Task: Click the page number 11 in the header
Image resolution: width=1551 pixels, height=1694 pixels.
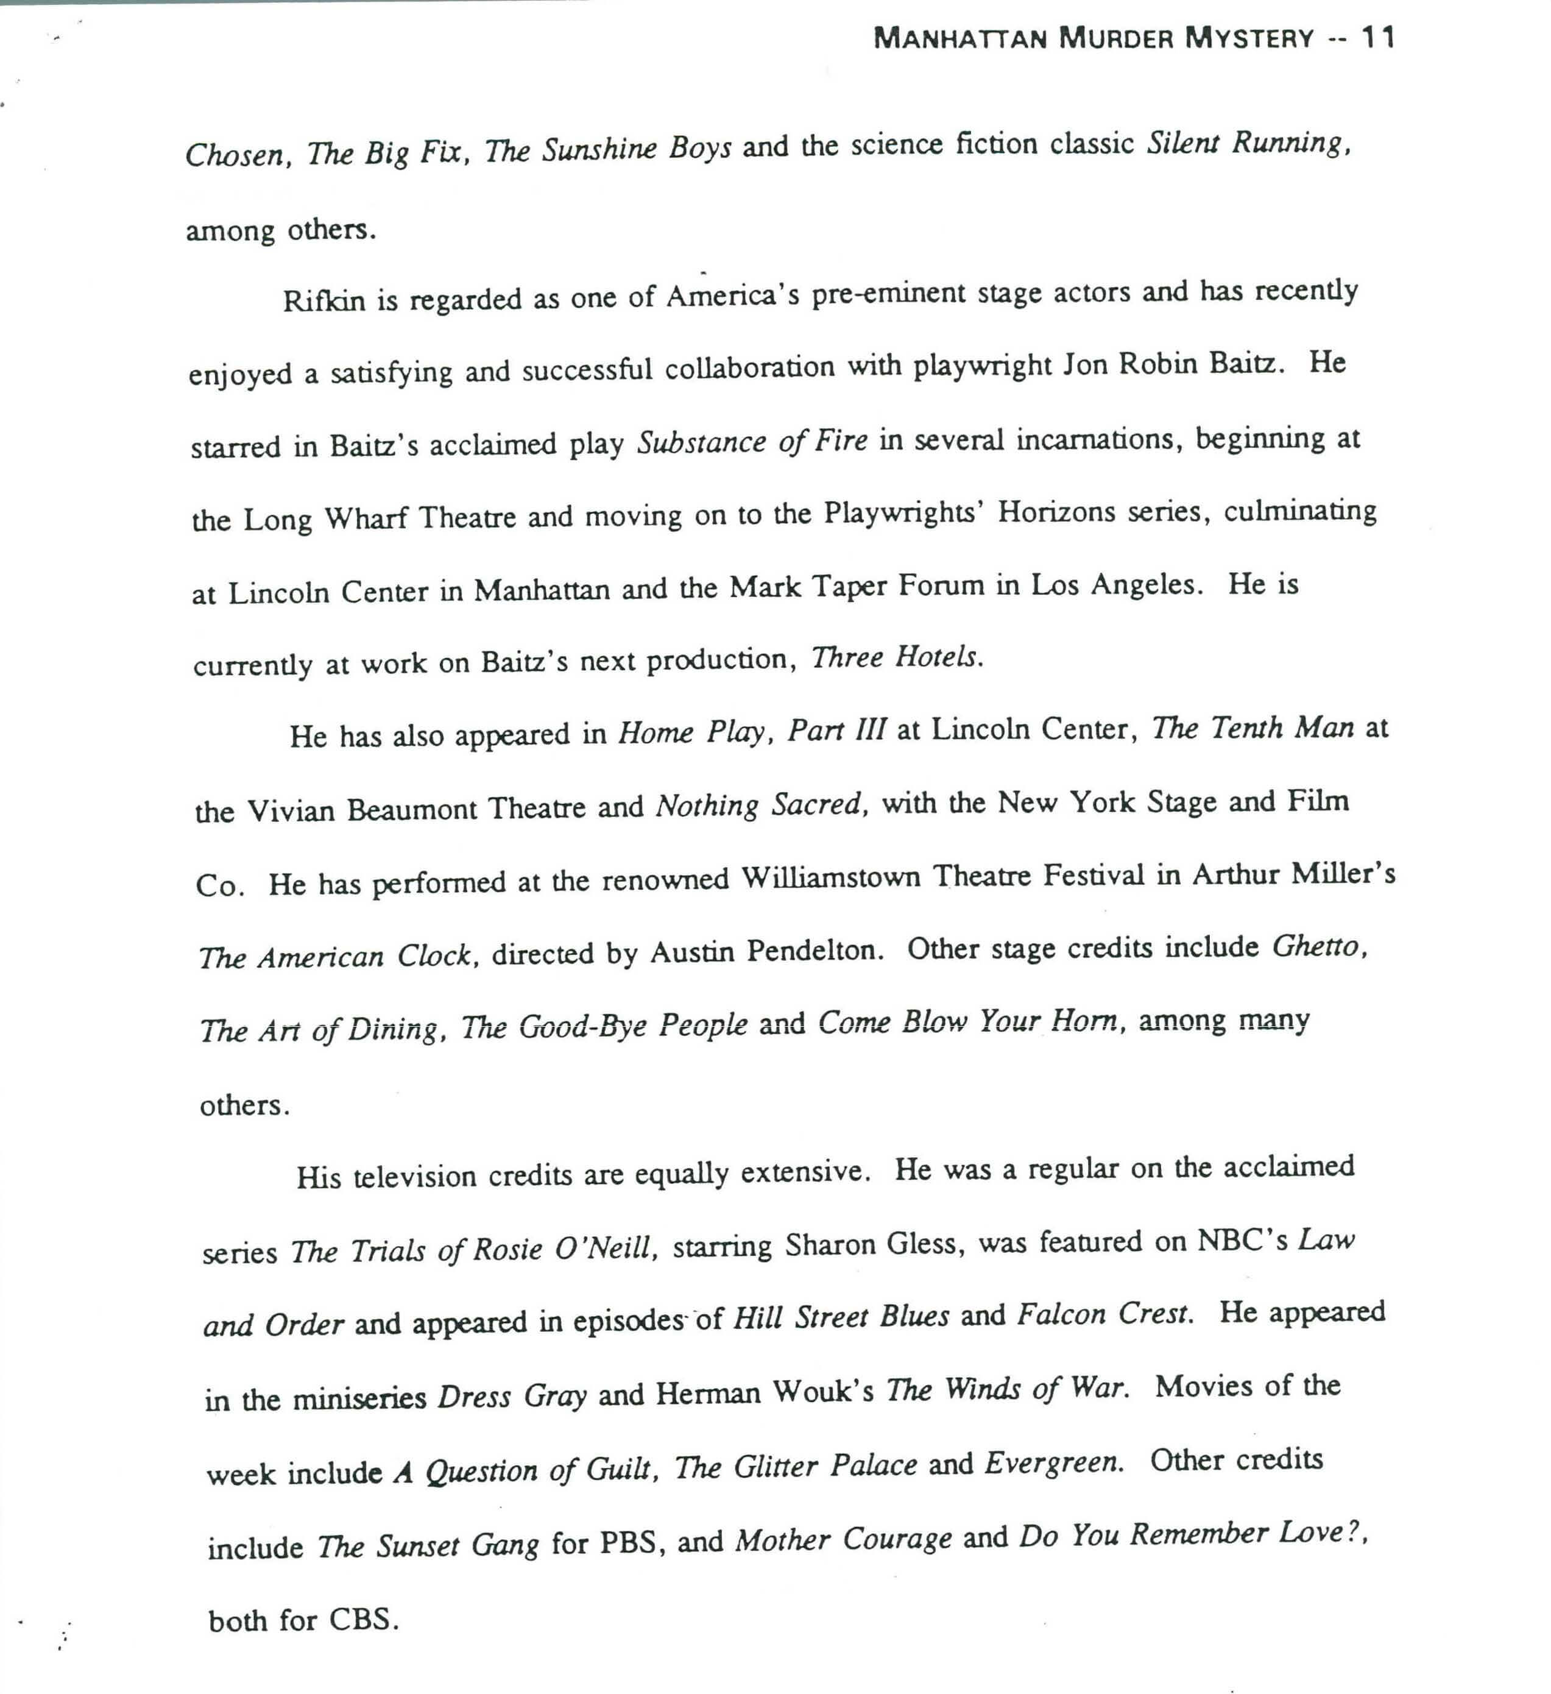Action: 1378,38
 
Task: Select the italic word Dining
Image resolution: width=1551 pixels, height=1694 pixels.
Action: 393,1029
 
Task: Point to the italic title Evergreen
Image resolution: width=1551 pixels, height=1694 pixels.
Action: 1053,1464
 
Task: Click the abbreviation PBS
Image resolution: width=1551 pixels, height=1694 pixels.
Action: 627,1543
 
